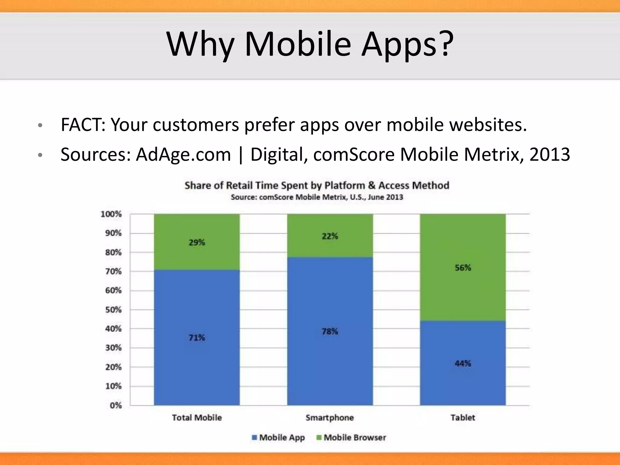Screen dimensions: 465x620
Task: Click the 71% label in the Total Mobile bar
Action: (x=197, y=338)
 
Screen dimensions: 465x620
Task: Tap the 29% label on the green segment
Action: (x=197, y=242)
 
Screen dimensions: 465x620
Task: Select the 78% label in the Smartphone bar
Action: (x=330, y=331)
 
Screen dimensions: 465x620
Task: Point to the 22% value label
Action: (x=330, y=236)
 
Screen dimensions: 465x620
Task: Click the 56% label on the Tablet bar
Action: (x=463, y=268)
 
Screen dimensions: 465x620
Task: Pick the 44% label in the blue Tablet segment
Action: (x=463, y=363)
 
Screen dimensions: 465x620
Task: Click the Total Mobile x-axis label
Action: (x=197, y=418)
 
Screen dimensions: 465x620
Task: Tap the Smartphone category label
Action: (x=330, y=418)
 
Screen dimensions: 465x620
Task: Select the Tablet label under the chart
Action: (x=463, y=418)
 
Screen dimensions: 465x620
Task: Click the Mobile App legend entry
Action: (x=279, y=437)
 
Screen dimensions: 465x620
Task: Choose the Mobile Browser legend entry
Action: (x=351, y=437)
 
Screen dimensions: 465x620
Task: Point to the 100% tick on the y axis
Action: (x=111, y=214)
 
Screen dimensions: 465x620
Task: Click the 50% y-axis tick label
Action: (x=113, y=310)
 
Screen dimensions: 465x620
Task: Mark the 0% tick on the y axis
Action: (x=116, y=405)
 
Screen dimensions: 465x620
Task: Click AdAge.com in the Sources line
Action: (x=183, y=154)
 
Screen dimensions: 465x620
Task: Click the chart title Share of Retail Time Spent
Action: (x=317, y=185)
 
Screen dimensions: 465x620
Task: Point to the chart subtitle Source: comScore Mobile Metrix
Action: (x=317, y=197)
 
